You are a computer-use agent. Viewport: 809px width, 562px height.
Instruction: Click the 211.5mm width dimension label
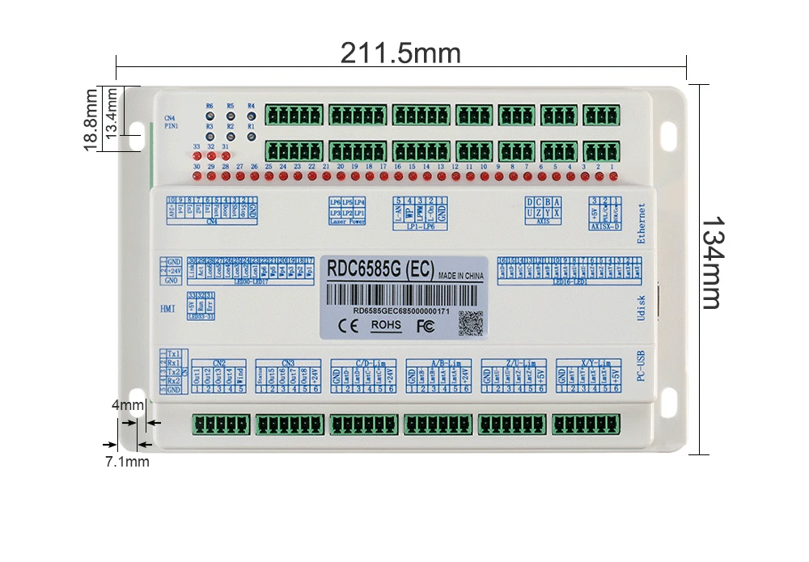[x=400, y=53]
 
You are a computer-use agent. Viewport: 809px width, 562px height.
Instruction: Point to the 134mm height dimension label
[x=710, y=262]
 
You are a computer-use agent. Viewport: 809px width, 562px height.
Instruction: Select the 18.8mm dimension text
[x=91, y=120]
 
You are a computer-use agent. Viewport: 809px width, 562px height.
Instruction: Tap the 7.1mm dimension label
[x=127, y=462]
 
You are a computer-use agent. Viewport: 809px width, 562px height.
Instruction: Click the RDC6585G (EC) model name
[x=379, y=268]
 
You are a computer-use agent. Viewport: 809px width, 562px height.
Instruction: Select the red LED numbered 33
[x=197, y=157]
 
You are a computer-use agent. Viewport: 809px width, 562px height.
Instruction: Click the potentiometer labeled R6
[x=210, y=116]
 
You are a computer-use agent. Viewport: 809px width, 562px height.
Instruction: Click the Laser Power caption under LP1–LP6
[x=348, y=221]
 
